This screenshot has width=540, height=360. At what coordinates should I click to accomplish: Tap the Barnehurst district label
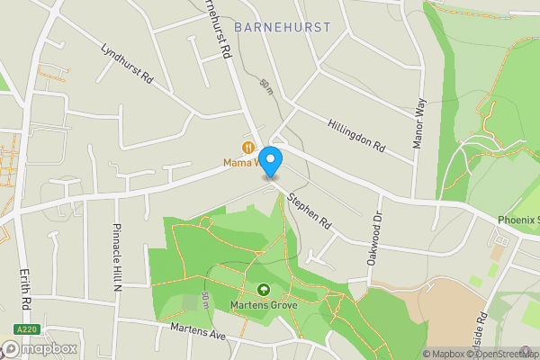(x=282, y=28)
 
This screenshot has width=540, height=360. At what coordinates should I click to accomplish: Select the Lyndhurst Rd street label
(x=127, y=65)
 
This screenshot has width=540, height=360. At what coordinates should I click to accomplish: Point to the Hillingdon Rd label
(x=356, y=135)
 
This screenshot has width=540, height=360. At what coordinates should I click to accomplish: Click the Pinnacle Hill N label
(x=117, y=257)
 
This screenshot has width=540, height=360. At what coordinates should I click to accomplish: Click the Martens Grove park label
(x=264, y=304)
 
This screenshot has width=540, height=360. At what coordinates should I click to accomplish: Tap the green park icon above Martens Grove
(x=264, y=290)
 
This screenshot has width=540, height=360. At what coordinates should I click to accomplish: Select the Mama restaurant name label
(x=241, y=163)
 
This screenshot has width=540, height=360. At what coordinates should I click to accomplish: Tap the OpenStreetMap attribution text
(x=504, y=354)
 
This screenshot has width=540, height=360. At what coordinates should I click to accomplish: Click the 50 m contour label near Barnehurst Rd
(x=265, y=85)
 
